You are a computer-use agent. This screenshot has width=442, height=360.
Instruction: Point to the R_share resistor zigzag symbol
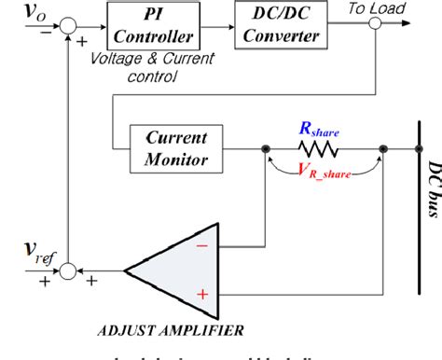(x=318, y=148)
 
